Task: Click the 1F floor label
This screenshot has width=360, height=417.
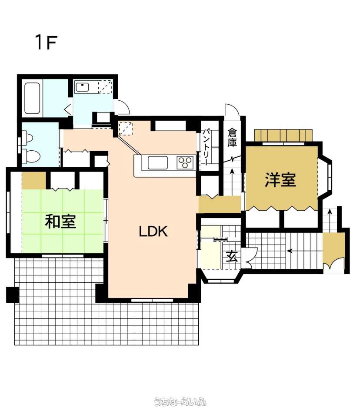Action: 47,43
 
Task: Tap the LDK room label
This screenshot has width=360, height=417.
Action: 153,232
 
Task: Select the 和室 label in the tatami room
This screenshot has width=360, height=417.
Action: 60,222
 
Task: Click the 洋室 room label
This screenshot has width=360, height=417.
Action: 280,179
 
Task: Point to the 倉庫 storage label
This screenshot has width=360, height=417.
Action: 232,138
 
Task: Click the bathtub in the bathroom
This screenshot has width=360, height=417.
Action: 33,99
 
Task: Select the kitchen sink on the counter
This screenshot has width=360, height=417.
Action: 158,162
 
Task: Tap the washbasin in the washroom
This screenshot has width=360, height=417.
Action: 82,87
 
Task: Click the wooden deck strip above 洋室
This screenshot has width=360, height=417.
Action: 283,136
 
